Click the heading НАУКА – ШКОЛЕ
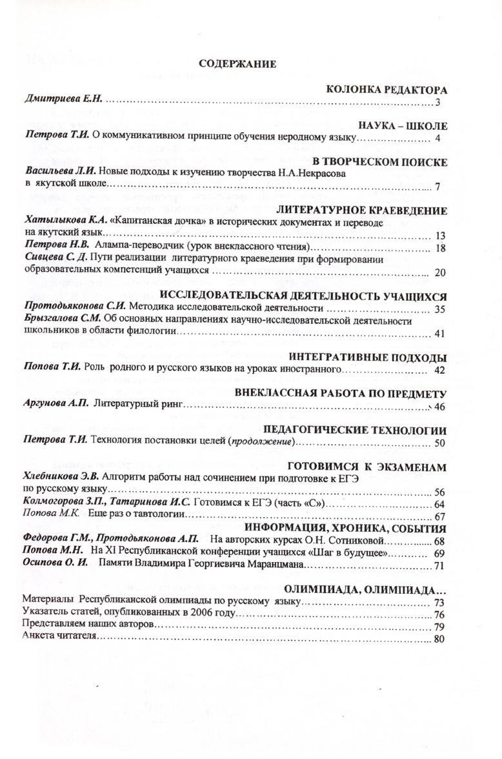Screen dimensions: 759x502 click(402, 126)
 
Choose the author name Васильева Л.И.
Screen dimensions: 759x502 click(63, 174)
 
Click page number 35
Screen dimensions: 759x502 click(441, 309)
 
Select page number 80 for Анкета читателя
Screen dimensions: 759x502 click(440, 638)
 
